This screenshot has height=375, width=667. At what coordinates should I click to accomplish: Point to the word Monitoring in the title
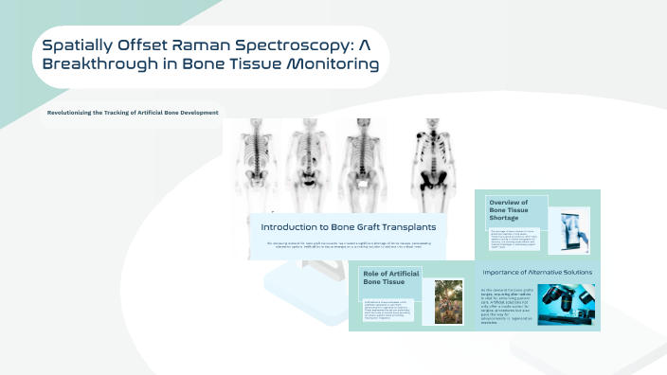328,65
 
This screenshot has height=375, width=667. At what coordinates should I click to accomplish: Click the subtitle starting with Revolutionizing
133,113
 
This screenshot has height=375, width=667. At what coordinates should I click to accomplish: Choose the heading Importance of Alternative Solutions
536,272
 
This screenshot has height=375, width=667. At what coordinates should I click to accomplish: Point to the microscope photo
568,302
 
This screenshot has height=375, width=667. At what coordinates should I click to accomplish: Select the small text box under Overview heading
515,237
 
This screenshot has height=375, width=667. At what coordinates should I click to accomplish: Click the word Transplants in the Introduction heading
408,226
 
